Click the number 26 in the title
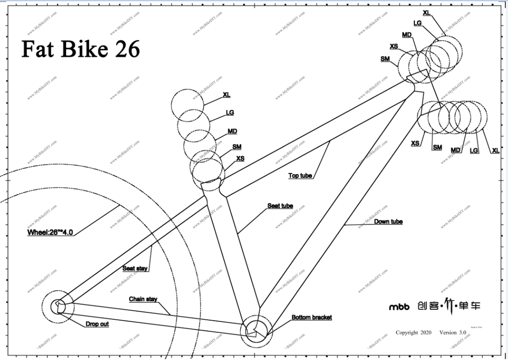[126, 49]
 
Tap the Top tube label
[300, 175]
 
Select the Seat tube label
[280, 205]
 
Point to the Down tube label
[388, 221]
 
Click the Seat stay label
[135, 268]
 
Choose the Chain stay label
[143, 299]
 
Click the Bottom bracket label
[312, 317]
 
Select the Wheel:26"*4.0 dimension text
[50, 232]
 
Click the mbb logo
[400, 307]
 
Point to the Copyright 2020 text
[414, 332]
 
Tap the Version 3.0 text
[452, 332]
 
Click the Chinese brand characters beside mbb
[449, 305]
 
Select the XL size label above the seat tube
[226, 95]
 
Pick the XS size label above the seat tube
[240, 158]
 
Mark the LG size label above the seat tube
[230, 112]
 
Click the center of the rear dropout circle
[58, 306]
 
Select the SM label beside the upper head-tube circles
[385, 58]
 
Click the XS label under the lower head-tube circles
[415, 143]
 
